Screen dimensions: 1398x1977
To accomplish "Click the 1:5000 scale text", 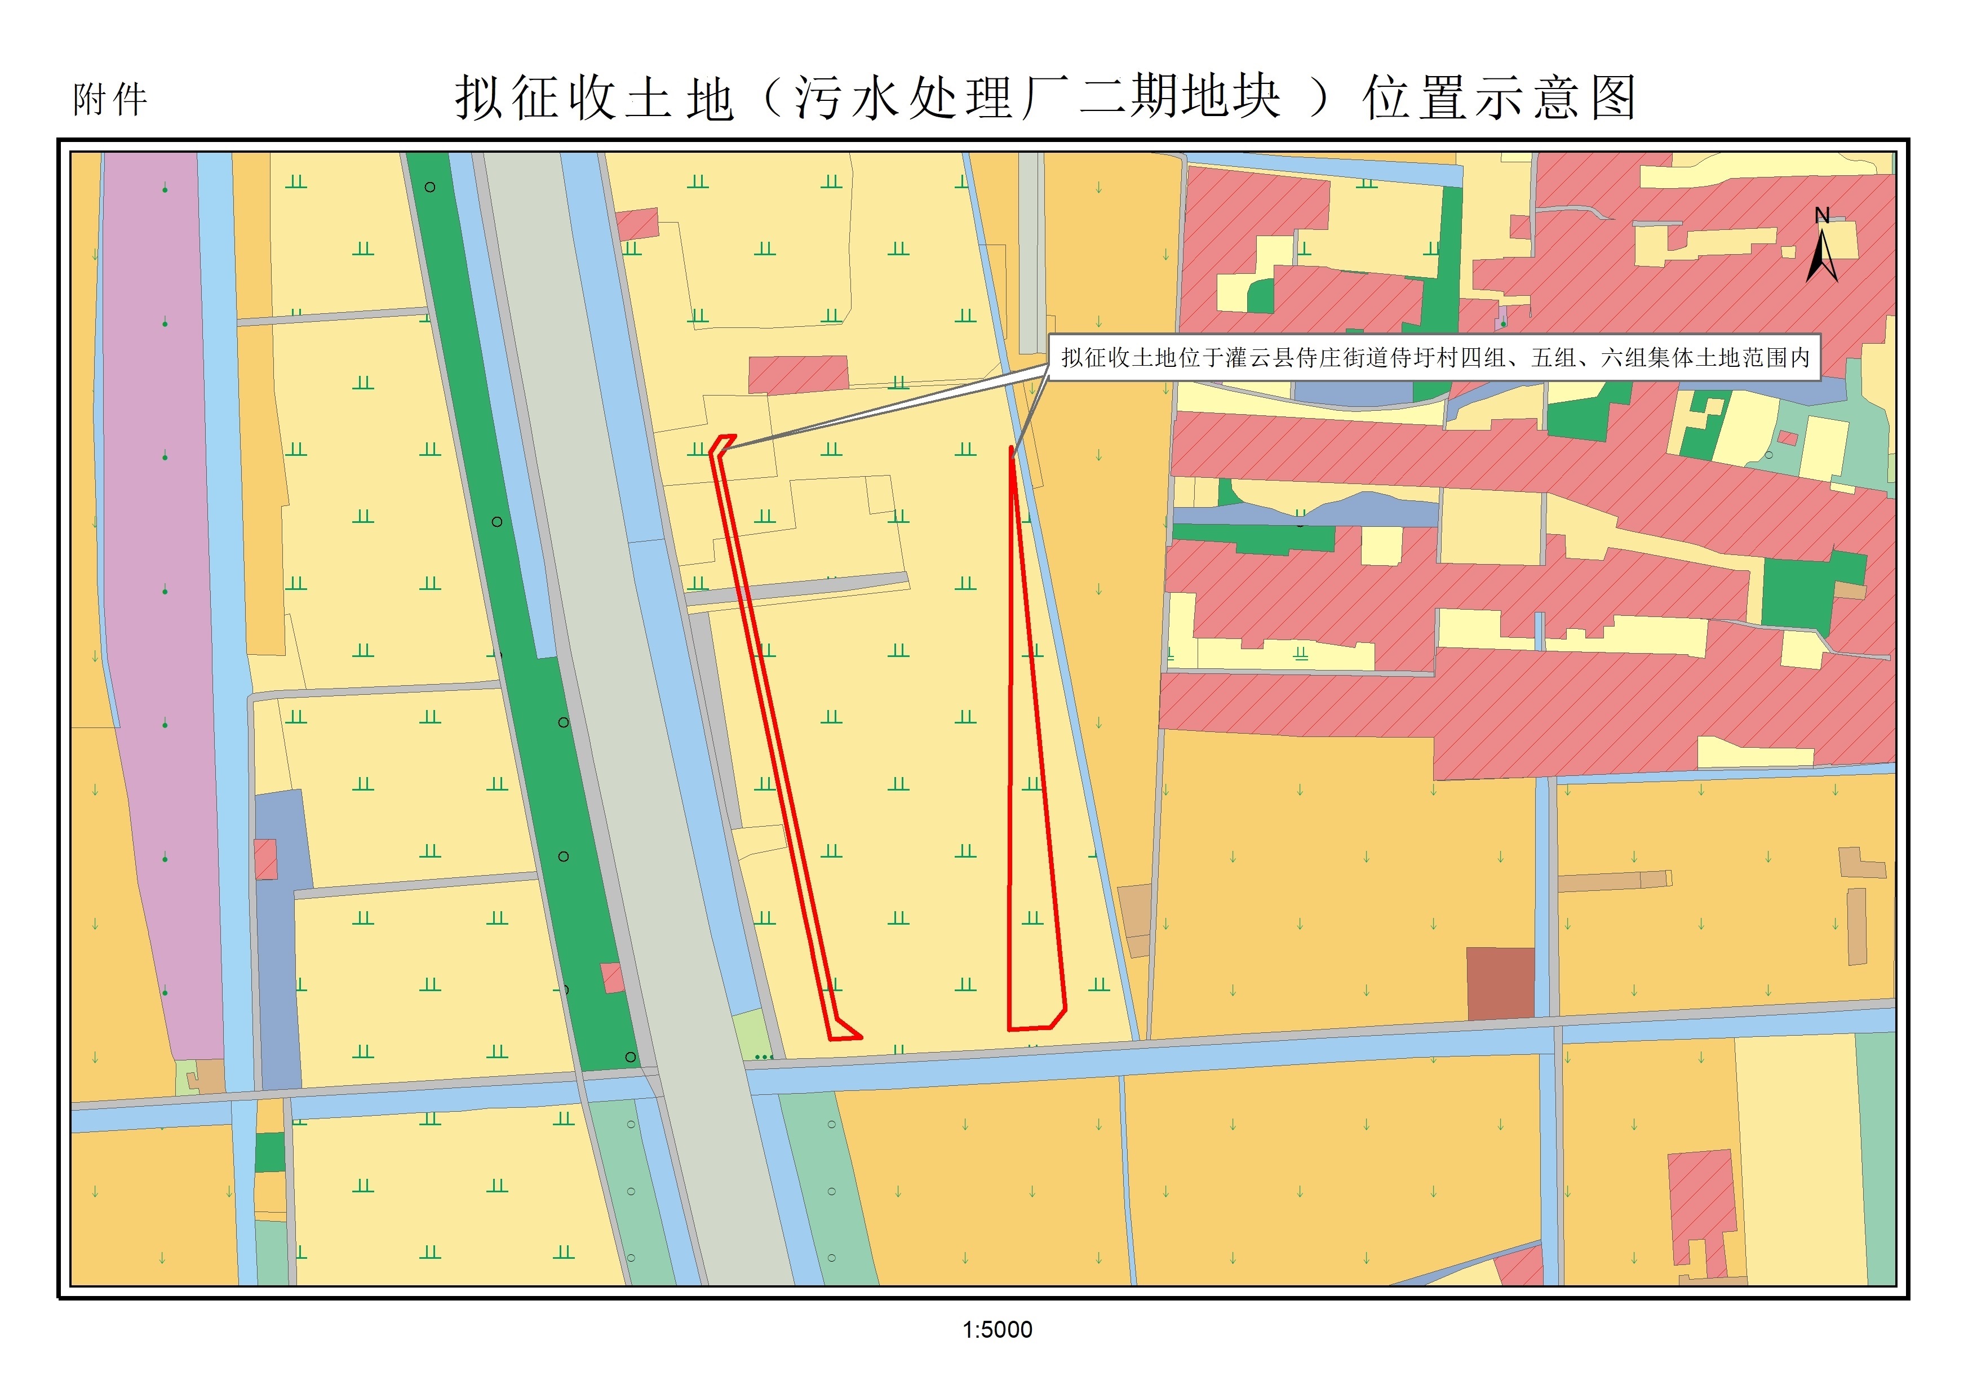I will (997, 1330).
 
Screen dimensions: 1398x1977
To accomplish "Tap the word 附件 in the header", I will (110, 100).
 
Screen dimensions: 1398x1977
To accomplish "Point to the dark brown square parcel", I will (1500, 983).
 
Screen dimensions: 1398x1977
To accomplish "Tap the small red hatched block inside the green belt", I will (612, 978).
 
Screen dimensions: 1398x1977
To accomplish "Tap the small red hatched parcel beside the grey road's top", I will (638, 224).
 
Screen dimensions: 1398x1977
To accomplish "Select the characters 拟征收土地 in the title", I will (594, 97).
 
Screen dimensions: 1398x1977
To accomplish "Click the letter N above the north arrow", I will (1822, 216).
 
